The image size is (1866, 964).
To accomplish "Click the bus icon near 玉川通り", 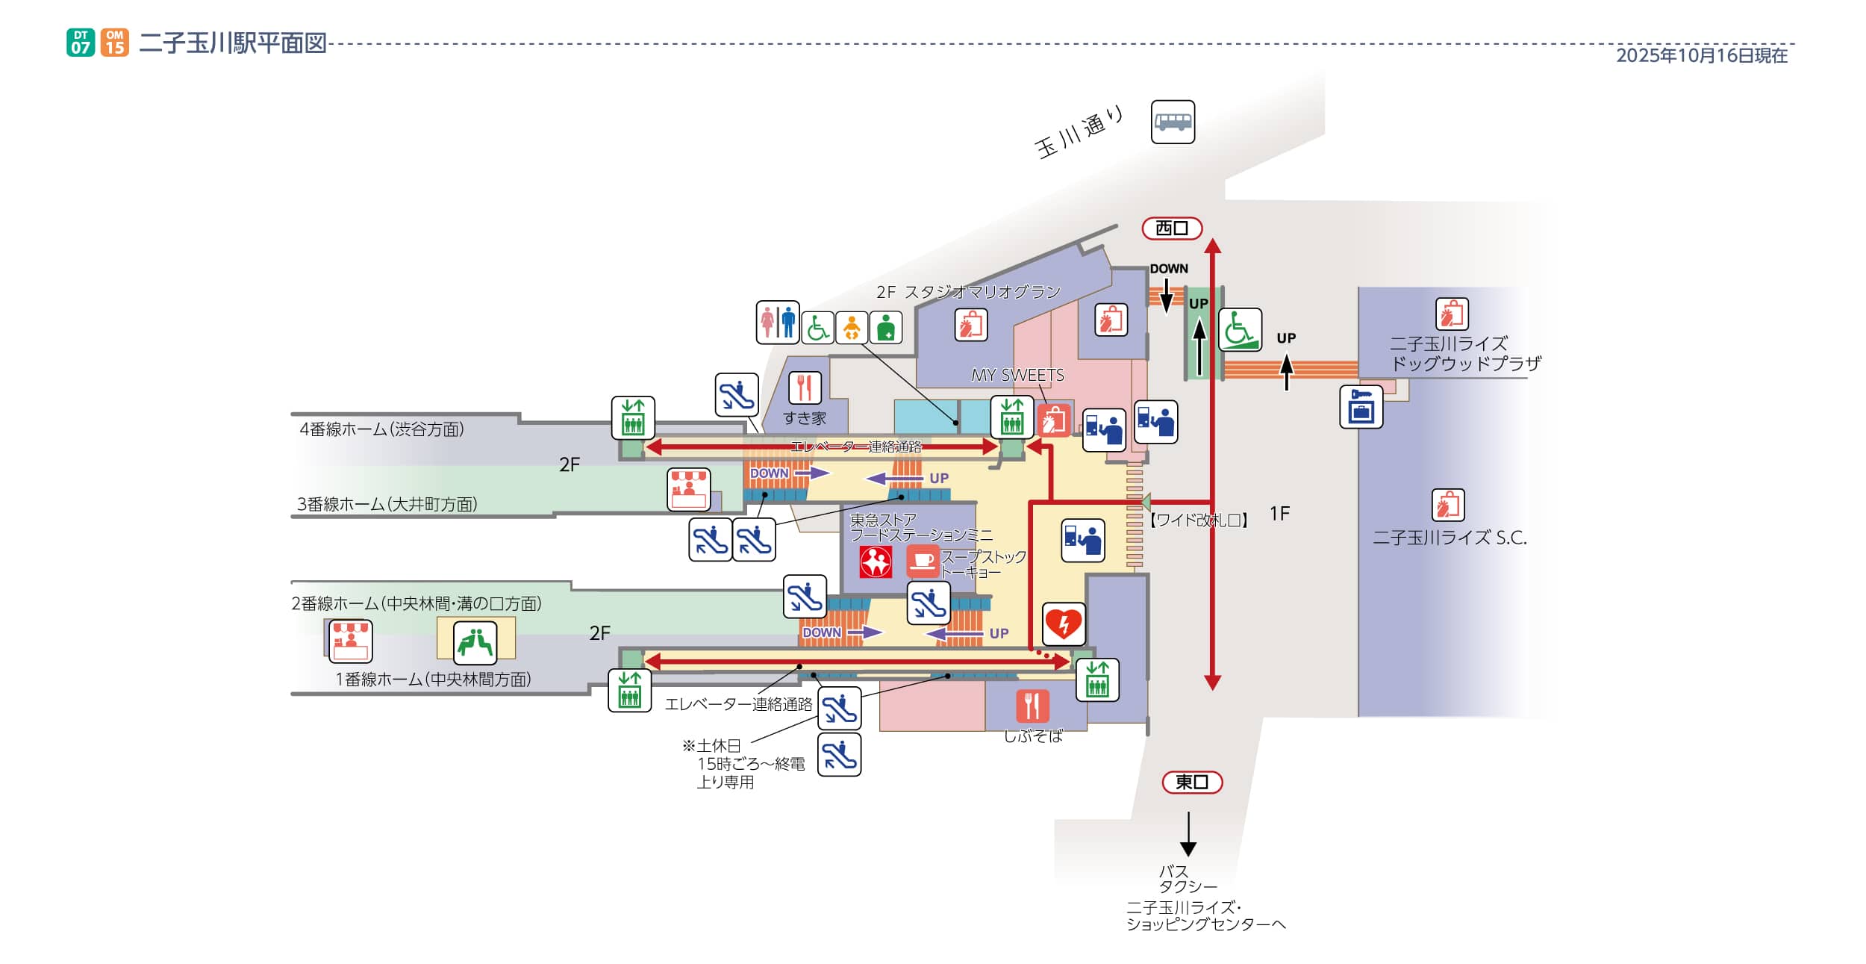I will point(1173,122).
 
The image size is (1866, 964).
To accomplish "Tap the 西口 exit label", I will point(1172,228).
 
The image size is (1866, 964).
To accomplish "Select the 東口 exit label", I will point(1192,782).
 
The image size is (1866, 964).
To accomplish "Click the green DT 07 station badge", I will point(81,43).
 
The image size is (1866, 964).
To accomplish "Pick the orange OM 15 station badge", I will point(114,43).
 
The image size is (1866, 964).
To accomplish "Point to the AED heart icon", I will point(1064,624).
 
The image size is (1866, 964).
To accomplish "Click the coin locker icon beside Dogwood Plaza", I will point(1361,407).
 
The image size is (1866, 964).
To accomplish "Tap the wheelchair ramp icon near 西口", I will point(1240,329).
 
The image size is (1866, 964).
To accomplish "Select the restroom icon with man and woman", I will point(778,323).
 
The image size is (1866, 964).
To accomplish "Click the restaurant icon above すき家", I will point(805,388).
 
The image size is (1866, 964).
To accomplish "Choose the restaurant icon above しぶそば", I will point(1032,706).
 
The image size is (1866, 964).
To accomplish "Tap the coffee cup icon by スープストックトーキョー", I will point(923,561).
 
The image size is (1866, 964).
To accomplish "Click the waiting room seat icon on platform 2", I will point(475,642).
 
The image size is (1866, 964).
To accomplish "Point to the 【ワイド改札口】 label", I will point(1198,520).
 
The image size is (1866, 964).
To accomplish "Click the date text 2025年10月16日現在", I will point(1702,56).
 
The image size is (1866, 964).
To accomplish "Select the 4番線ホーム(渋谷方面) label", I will point(381,429).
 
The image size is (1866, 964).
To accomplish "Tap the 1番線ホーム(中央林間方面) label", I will point(433,680).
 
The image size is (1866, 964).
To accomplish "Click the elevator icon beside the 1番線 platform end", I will point(629,690).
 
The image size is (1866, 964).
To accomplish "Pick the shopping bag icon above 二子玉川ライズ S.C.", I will point(1448,505).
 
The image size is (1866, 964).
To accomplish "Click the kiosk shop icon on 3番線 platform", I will point(688,490).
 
